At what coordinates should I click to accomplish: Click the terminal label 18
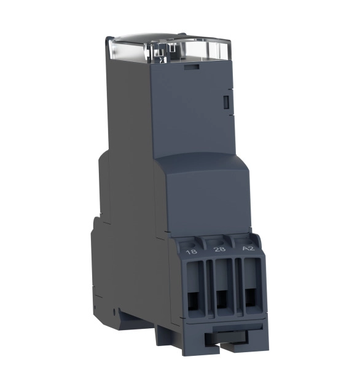point(192,252)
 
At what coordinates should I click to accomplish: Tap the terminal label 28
point(220,249)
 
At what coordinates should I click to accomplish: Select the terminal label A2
point(248,248)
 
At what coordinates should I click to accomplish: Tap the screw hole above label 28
point(216,242)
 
